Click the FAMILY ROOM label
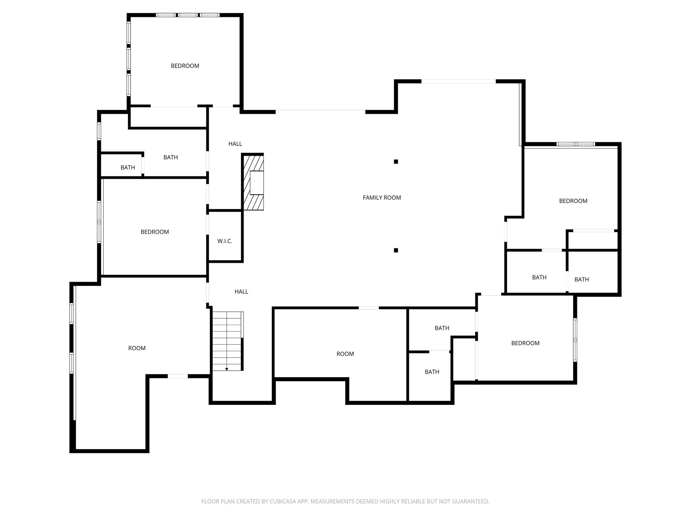click(382, 198)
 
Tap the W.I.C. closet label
click(225, 241)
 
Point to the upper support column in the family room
click(396, 162)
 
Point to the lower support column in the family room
click(396, 250)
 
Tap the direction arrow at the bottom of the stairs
click(227, 369)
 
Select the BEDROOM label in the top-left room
click(185, 66)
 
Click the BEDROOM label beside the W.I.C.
click(155, 232)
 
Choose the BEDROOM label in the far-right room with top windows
click(573, 201)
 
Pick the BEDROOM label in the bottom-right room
click(525, 343)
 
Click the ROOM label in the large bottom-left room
click(137, 348)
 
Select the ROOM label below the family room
click(345, 354)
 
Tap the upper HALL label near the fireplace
click(235, 144)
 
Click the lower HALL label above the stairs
click(241, 292)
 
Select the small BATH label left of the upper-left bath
click(128, 168)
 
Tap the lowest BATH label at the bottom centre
click(432, 372)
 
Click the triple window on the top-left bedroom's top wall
click(188, 15)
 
